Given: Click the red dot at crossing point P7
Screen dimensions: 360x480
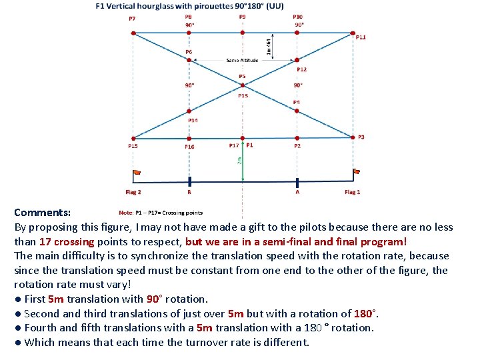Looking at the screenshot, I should point(133,32).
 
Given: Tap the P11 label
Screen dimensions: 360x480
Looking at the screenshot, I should point(360,37).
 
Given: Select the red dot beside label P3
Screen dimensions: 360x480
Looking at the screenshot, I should point(353,138).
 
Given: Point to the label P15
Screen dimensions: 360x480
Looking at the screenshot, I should point(133,145).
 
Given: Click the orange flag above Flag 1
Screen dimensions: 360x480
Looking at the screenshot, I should point(357,171).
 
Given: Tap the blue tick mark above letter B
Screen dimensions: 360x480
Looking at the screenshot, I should point(189,181).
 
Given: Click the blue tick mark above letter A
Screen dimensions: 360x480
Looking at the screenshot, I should point(297,181).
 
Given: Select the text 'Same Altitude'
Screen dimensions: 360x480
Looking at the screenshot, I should point(242,61).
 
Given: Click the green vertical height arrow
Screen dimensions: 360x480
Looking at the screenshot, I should point(242,160).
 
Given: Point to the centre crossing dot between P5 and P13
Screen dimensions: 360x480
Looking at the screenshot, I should point(242,85).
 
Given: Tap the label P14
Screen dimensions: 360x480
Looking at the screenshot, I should point(193,120).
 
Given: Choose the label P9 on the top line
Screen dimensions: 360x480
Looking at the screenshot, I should point(242,17).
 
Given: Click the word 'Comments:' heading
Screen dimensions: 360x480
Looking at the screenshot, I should point(43,213).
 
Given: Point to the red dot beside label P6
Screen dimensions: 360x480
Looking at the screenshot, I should point(189,59).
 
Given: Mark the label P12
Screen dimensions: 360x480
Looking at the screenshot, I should point(301,69).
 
